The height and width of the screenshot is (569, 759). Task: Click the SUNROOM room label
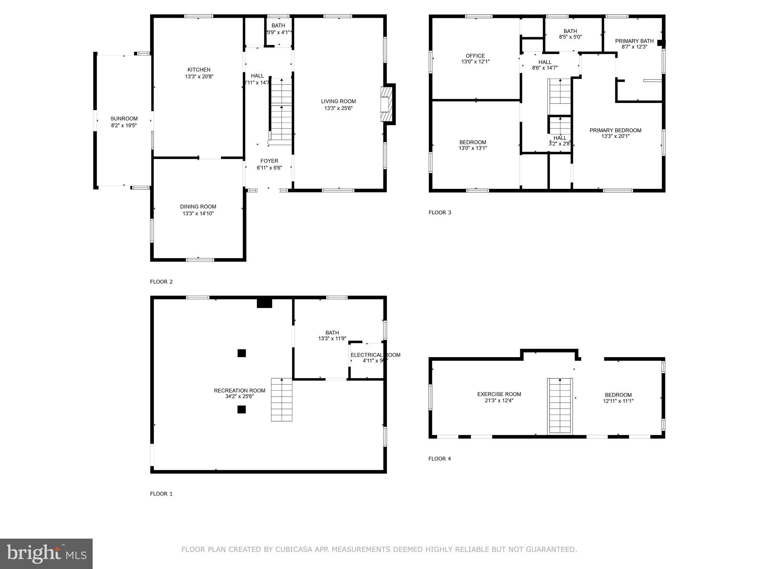pos(124,119)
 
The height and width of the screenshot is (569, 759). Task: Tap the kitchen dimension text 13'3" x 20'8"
pos(199,77)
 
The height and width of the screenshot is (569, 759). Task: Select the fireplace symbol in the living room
pos(386,104)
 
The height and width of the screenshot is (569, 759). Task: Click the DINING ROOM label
pos(198,207)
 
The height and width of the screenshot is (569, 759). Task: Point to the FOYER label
pos(269,161)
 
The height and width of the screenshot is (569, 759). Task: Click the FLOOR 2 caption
pos(161,282)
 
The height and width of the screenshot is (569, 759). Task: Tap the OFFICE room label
pos(475,56)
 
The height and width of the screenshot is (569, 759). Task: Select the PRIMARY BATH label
pos(634,41)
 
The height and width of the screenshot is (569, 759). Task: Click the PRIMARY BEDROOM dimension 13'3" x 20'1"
pos(615,136)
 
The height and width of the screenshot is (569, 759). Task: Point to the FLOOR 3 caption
pos(440,212)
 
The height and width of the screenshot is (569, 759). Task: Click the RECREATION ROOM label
pos(239,390)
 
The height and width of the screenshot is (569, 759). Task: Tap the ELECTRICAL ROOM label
pos(375,355)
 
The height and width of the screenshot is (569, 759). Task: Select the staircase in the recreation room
pos(282,400)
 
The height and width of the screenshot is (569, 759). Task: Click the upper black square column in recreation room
pos(242,353)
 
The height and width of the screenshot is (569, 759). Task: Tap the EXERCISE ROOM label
pos(499,394)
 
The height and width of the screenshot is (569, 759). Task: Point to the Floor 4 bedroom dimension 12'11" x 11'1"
pos(618,401)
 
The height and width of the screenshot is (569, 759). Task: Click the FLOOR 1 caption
pos(161,493)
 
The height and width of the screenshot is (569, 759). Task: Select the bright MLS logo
pos(46,553)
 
